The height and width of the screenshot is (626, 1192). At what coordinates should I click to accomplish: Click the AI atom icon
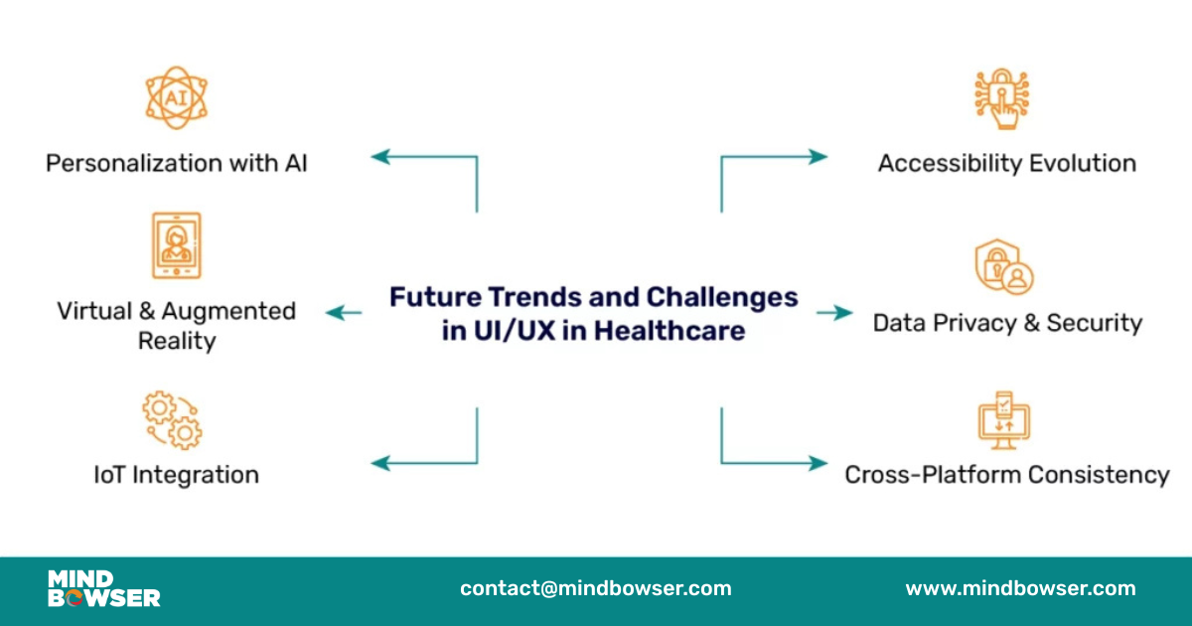[176, 98]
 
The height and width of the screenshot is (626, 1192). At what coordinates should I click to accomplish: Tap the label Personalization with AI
[176, 163]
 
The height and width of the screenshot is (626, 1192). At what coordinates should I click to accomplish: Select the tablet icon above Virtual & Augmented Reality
[176, 244]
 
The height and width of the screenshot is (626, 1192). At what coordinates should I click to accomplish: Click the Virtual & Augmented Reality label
[176, 326]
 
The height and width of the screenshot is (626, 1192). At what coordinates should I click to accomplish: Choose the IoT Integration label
[176, 475]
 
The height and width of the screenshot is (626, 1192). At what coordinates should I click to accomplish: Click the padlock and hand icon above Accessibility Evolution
[1001, 98]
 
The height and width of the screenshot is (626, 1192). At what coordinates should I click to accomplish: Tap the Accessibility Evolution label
[1006, 163]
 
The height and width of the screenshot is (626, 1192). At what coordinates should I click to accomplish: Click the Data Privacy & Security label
[1007, 323]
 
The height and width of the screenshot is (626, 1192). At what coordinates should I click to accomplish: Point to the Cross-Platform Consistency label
[1006, 475]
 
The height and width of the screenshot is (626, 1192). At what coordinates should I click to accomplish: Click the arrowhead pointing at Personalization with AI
[379, 156]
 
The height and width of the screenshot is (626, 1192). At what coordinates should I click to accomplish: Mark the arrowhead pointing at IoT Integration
[379, 462]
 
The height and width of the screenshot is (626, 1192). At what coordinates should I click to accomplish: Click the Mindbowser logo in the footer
[103, 588]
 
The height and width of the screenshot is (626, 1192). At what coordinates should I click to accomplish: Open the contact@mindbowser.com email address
[595, 588]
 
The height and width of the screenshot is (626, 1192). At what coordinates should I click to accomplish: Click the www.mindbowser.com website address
[1020, 588]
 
